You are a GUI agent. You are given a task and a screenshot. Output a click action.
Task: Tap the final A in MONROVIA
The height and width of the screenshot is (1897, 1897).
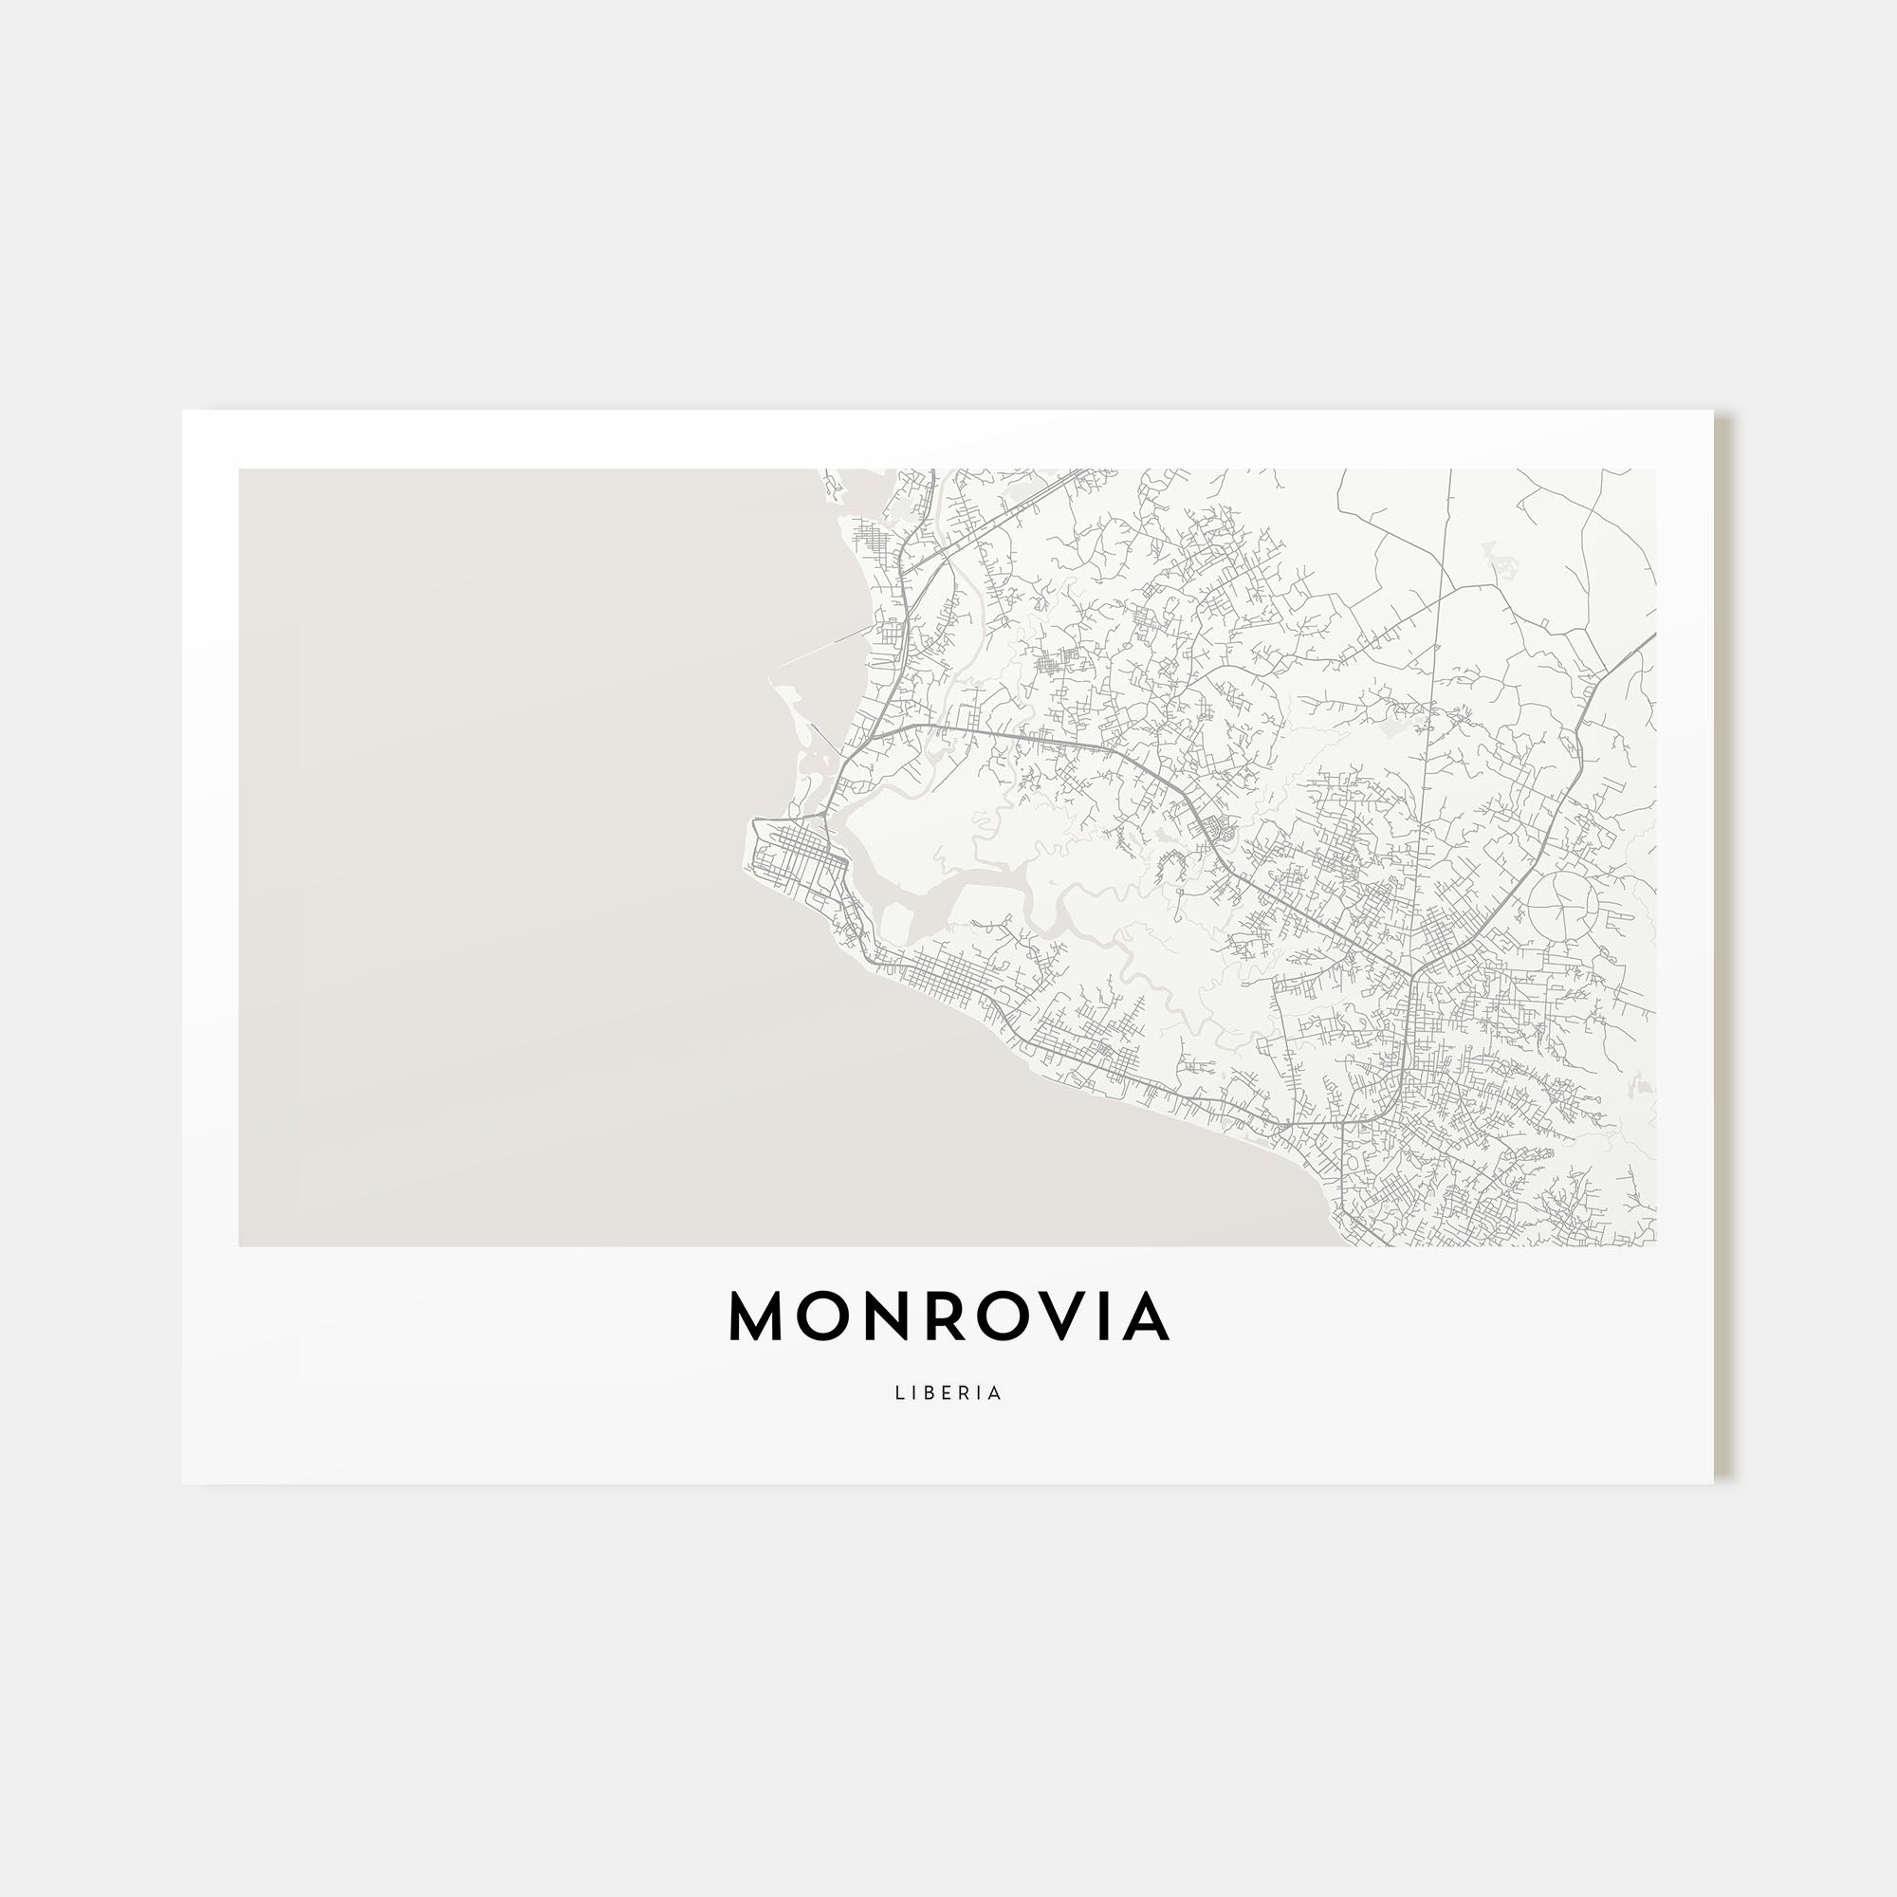point(1145,1317)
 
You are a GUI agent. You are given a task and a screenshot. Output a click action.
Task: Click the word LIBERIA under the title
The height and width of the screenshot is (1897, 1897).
point(948,1393)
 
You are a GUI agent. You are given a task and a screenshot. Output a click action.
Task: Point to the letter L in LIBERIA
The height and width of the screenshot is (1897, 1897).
point(898,1393)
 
